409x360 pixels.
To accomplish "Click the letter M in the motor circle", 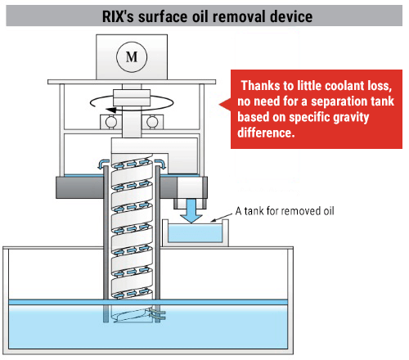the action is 132,57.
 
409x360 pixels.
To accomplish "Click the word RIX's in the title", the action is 118,16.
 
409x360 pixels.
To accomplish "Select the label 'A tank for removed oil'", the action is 285,211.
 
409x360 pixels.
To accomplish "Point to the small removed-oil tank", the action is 196,232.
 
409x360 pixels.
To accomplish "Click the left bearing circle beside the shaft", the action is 110,122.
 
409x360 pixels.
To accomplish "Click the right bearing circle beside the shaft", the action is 152,122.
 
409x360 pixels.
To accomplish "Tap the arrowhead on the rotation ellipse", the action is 111,110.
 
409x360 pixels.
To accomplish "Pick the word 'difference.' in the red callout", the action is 266,133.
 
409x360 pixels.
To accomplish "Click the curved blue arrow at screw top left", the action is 103,164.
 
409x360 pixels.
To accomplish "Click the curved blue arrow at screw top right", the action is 160,164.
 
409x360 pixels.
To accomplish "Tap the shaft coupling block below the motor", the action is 132,97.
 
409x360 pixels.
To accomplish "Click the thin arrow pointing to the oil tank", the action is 221,218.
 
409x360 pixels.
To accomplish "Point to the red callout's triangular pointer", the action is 225,104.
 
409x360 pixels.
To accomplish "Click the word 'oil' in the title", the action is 200,16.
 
